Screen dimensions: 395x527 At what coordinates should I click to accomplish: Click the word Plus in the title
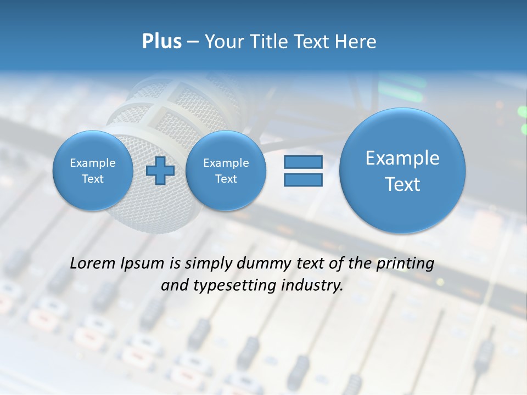pyautogui.click(x=161, y=42)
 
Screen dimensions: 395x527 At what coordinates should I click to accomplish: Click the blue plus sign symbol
pyautogui.click(x=160, y=171)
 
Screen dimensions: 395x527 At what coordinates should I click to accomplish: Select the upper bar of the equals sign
pyautogui.click(x=303, y=162)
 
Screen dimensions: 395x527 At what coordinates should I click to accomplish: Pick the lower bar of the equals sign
pyautogui.click(x=303, y=179)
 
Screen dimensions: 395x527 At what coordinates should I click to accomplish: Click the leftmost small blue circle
pyautogui.click(x=93, y=171)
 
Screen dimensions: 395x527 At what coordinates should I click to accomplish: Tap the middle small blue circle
pyautogui.click(x=226, y=171)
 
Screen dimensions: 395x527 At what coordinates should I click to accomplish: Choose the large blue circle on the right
pyautogui.click(x=402, y=171)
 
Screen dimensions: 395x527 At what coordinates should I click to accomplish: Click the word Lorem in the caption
pyautogui.click(x=93, y=264)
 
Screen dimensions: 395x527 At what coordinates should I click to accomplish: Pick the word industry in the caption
pyautogui.click(x=313, y=286)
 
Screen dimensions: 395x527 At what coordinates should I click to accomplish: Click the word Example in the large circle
pyautogui.click(x=402, y=158)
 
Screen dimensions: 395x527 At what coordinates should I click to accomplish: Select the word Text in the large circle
pyautogui.click(x=402, y=184)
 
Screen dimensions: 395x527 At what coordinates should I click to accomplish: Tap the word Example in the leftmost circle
pyautogui.click(x=93, y=163)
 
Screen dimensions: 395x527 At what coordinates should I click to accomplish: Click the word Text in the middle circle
pyautogui.click(x=226, y=179)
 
